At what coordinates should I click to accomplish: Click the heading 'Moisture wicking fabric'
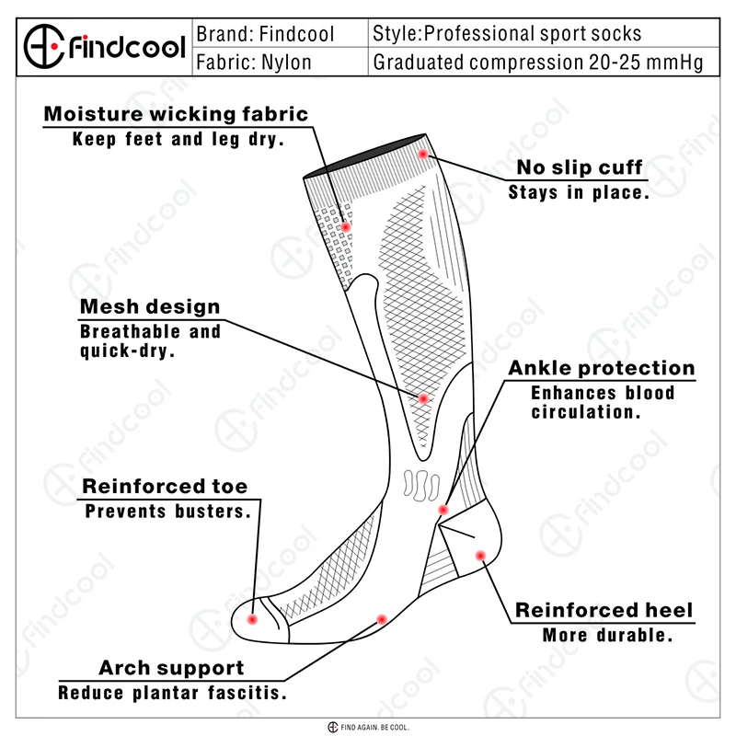177,115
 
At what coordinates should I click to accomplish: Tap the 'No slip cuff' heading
580,168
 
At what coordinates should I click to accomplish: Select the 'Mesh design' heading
151,307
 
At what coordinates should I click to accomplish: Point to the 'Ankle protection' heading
602,368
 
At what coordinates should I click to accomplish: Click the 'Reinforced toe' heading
166,487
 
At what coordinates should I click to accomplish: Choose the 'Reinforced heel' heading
604,611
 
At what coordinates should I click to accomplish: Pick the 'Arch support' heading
172,668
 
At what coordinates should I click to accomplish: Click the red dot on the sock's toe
253,620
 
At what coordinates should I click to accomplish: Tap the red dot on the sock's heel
480,555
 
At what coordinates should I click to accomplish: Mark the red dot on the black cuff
423,154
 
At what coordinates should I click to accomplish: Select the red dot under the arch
381,618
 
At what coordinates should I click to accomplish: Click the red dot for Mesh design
424,398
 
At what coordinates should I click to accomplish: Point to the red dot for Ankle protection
443,509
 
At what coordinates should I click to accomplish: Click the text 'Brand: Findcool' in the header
266,35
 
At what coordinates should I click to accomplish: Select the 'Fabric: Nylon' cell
255,63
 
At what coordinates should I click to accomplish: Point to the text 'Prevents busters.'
167,512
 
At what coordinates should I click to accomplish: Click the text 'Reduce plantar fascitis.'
172,693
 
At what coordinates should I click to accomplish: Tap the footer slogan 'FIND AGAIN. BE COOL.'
374,728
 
